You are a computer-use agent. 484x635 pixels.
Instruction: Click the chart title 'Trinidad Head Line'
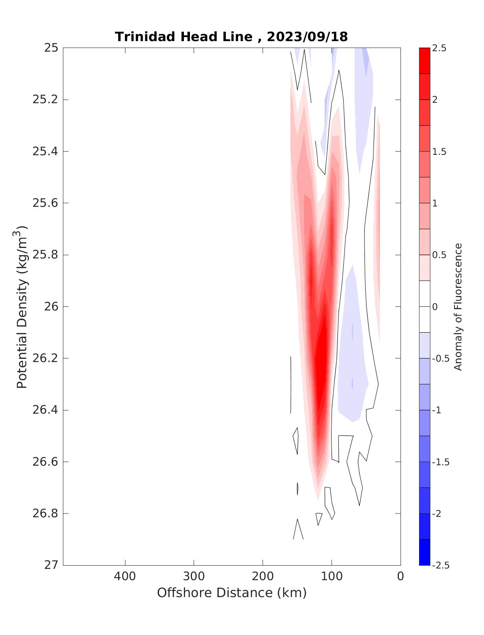184,37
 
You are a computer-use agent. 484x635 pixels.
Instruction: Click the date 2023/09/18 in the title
307,37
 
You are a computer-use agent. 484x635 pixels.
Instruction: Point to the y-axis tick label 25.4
45,151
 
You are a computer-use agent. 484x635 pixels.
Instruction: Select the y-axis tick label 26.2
45,358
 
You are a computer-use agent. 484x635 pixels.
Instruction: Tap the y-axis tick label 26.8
45,513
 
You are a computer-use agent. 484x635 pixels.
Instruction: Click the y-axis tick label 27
51,565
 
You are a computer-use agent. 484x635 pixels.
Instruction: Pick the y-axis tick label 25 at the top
51,48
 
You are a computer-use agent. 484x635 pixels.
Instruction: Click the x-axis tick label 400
125,576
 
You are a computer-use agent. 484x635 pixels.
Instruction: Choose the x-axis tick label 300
194,576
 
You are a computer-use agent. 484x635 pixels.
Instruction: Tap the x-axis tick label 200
263,576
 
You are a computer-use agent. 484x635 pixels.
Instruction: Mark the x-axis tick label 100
332,576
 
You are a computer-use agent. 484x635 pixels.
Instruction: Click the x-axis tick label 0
401,576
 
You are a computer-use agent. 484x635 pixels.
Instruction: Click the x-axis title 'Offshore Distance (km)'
232,593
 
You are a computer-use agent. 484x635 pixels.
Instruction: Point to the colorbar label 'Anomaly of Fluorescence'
458,306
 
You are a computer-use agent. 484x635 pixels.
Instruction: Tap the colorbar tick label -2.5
440,565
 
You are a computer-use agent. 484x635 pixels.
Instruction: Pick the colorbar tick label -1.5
440,462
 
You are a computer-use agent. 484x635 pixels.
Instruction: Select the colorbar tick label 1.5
439,152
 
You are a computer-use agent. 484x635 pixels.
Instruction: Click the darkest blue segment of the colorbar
425,552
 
